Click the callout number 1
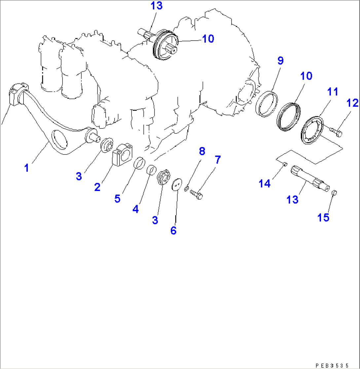pyautogui.click(x=27, y=168)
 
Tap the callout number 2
pyautogui.click(x=97, y=187)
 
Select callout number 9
pyautogui.click(x=280, y=60)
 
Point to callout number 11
pyautogui.click(x=333, y=92)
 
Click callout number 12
pyautogui.click(x=352, y=103)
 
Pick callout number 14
pyautogui.click(x=265, y=184)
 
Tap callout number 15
pyautogui.click(x=323, y=217)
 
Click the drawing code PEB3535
pyautogui.click(x=332, y=365)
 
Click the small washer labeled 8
pyautogui.click(x=186, y=188)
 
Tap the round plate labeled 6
pyautogui.click(x=177, y=184)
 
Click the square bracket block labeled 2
pyautogui.click(x=122, y=155)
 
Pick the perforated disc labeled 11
pyautogui.click(x=312, y=130)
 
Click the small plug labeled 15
pyautogui.click(x=335, y=193)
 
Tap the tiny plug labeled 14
pyautogui.click(x=284, y=164)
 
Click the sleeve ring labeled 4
pyautogui.click(x=152, y=170)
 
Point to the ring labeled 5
pyautogui.click(x=139, y=163)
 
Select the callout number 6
pyautogui.click(x=173, y=231)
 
